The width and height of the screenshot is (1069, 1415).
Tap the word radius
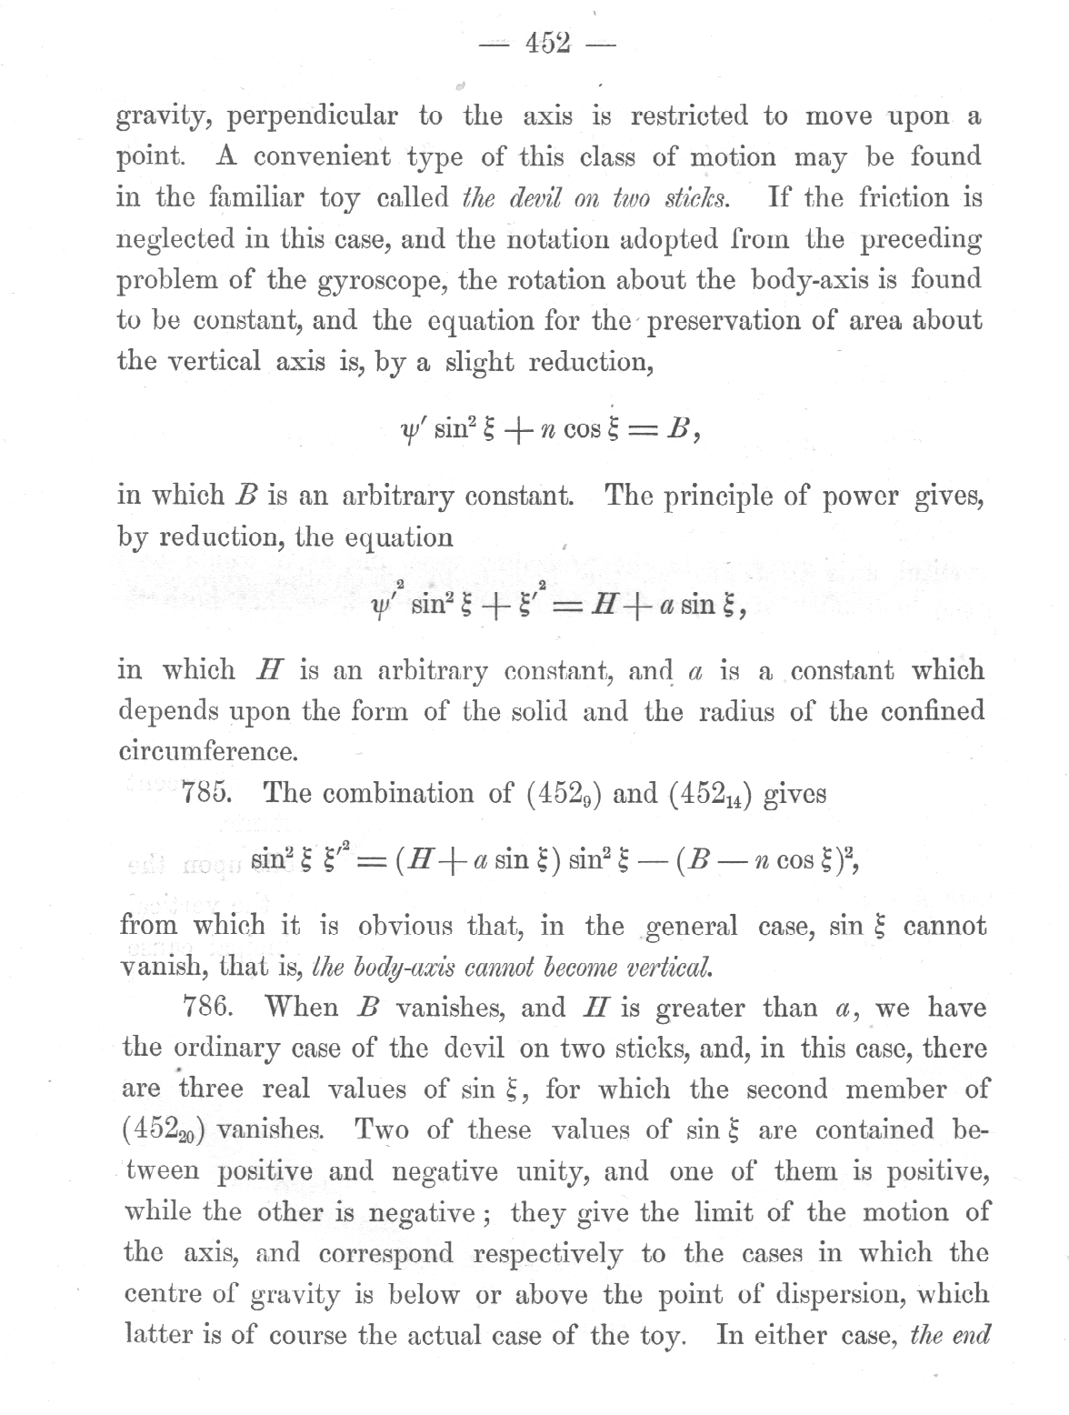[x=734, y=711]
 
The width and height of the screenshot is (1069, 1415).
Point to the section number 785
[x=209, y=793]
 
